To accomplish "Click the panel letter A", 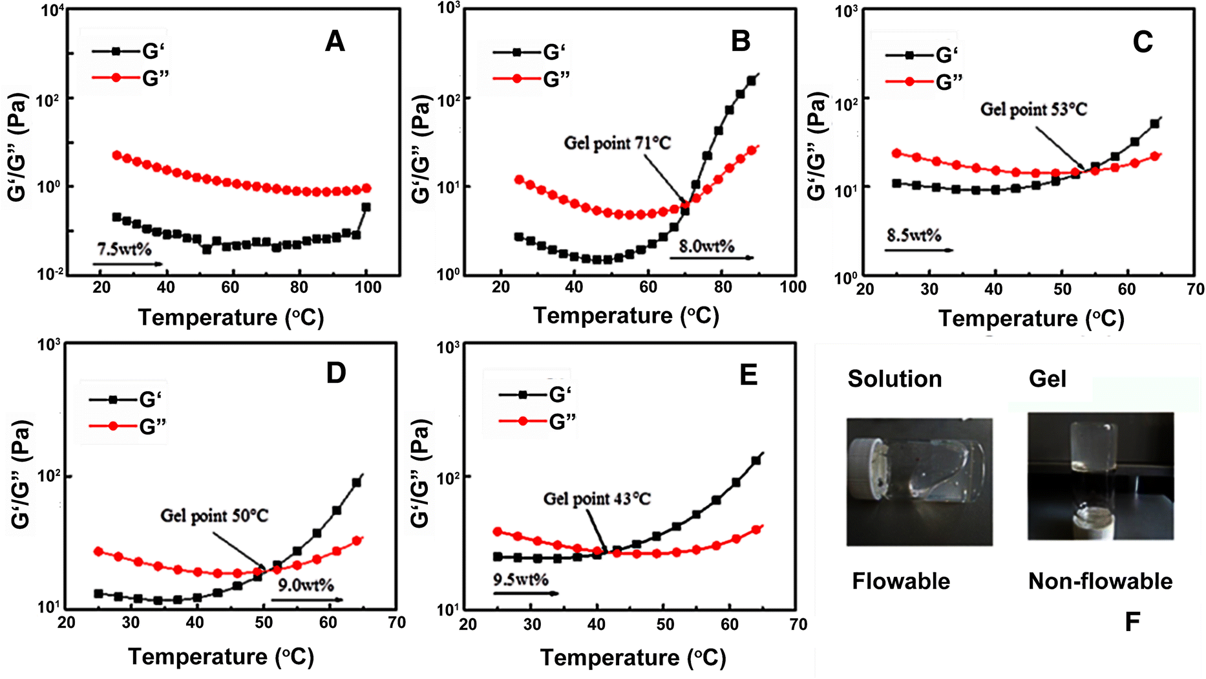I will [335, 42].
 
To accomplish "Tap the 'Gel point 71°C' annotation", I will [617, 142].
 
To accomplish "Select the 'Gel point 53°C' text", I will [1033, 109].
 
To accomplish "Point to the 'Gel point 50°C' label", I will [214, 515].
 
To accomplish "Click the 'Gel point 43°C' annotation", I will [597, 499].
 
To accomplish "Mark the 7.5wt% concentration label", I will [124, 249].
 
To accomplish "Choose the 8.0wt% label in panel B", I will [706, 246].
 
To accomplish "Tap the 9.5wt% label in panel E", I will [520, 579].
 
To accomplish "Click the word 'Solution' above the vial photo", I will [894, 379].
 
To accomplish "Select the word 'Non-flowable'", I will [1100, 581].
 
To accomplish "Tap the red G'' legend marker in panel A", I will [116, 78].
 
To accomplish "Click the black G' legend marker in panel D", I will [113, 400].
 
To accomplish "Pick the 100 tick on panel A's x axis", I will [368, 287].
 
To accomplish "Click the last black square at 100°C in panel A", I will [366, 208].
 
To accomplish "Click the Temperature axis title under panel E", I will [633, 658].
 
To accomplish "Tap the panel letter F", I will [1132, 622].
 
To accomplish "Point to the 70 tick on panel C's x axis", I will [1195, 289].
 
